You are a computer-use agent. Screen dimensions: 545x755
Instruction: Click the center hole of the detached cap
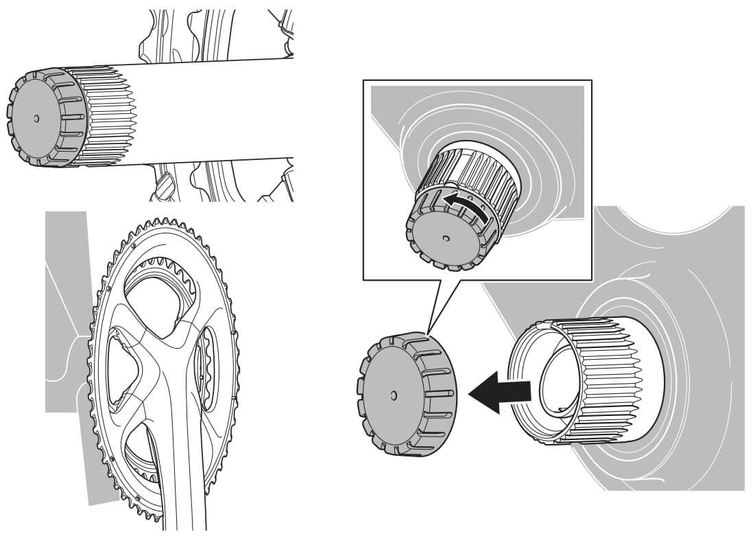[x=393, y=395]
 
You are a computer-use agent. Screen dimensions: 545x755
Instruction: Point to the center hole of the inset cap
[x=446, y=238]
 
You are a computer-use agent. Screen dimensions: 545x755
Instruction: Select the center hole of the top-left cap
[x=36, y=117]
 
